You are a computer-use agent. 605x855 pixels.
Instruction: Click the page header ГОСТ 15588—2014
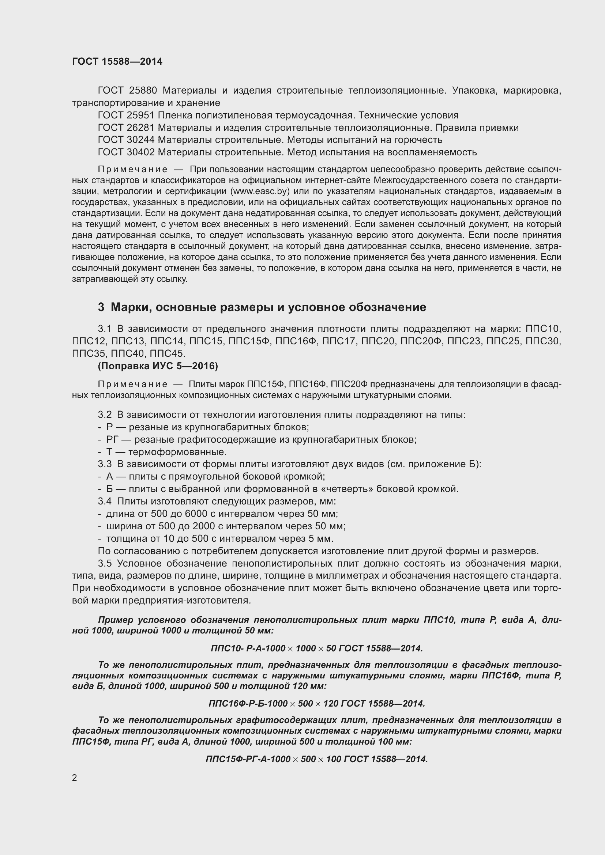point(117,61)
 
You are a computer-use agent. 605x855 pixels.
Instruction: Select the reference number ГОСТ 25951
point(126,115)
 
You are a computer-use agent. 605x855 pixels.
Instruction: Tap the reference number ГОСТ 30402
point(126,152)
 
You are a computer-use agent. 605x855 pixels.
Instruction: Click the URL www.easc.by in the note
point(260,192)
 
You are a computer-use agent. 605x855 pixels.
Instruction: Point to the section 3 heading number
point(101,307)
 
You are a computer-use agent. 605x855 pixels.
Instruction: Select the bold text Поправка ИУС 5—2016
point(158,366)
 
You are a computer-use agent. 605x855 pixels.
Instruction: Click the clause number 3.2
point(105,415)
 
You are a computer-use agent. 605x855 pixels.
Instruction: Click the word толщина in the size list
point(124,538)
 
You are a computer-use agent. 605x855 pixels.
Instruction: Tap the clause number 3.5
point(105,563)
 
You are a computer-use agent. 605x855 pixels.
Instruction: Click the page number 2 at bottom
point(75,778)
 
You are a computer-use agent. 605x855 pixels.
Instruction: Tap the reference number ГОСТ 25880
point(127,91)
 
